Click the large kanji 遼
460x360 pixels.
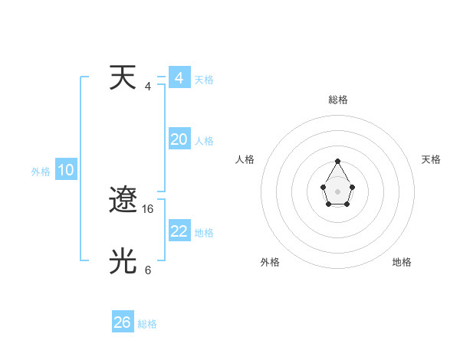tap(123, 201)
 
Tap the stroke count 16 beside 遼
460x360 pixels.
tap(149, 208)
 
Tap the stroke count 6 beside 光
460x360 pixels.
tap(148, 270)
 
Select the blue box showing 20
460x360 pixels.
tap(179, 139)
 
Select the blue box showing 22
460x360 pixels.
tap(179, 231)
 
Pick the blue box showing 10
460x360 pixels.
tap(66, 171)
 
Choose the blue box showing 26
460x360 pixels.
tap(123, 322)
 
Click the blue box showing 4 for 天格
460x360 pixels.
tap(179, 78)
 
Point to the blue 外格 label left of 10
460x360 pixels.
tap(41, 172)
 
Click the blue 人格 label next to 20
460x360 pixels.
tap(204, 141)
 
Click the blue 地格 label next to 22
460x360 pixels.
tap(204, 233)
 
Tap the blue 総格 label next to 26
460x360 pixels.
tap(147, 324)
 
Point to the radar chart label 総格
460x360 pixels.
tap(338, 100)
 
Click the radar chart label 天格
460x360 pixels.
tap(431, 159)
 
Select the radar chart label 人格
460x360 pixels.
tap(245, 159)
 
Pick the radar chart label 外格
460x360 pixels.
tap(270, 262)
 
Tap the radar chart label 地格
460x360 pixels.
tap(402, 262)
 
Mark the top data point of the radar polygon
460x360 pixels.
tap(338, 162)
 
